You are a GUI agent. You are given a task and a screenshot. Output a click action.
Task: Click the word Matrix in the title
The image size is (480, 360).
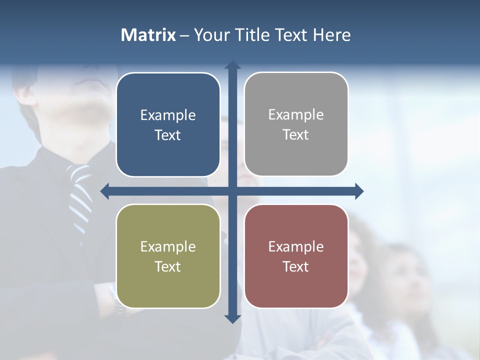click(x=148, y=35)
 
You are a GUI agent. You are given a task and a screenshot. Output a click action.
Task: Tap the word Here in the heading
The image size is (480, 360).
click(x=331, y=35)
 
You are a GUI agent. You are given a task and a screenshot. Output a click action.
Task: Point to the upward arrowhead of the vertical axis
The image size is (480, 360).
click(x=232, y=64)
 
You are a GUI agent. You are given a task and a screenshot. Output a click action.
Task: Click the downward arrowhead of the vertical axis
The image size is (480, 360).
click(x=232, y=318)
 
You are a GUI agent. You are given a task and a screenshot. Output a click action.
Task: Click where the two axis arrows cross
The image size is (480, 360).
click(x=232, y=191)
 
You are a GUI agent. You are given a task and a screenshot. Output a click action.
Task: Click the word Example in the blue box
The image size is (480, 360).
click(x=168, y=115)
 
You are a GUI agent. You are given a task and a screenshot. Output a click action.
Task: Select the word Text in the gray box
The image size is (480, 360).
click(x=296, y=135)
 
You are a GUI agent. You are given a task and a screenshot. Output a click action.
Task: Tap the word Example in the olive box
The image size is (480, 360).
click(x=168, y=247)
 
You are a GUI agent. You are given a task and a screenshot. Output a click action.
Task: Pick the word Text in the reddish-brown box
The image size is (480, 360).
click(x=296, y=266)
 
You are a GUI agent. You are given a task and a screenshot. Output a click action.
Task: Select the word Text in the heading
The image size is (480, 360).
click(x=292, y=35)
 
